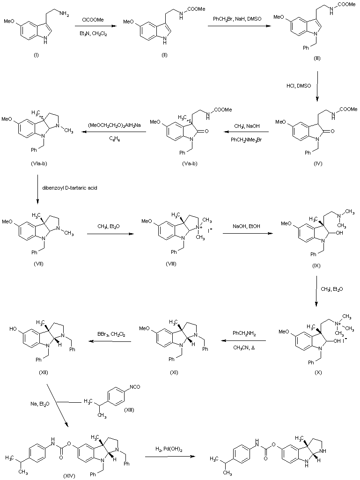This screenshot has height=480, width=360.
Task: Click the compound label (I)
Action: [x=36, y=56]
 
